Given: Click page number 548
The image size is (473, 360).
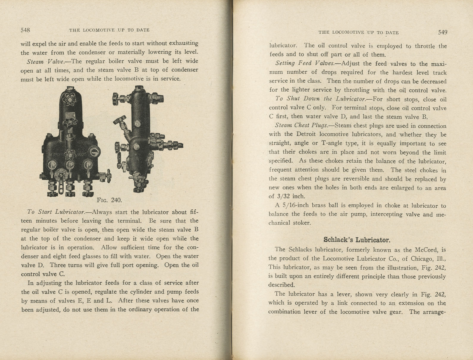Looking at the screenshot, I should [x=25, y=30].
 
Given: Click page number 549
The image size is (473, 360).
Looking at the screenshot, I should [x=442, y=32].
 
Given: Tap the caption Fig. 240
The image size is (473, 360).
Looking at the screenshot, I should [x=109, y=200].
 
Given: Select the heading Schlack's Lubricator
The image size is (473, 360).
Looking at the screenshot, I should [x=357, y=240].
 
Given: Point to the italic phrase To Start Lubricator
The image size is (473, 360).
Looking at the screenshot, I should [x=56, y=212].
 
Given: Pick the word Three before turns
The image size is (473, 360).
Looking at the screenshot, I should [x=60, y=265].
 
